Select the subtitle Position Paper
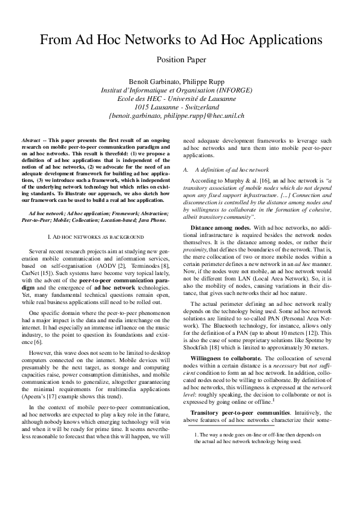click(x=182, y=59)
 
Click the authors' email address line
click(x=176, y=115)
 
